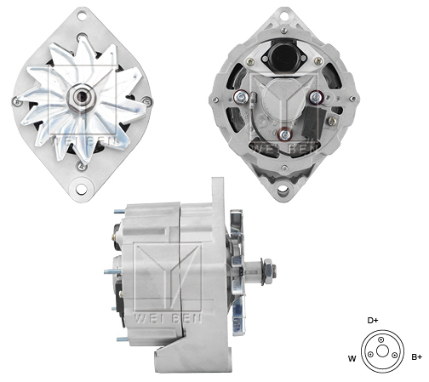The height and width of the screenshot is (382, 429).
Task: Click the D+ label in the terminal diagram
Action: (x=373, y=321)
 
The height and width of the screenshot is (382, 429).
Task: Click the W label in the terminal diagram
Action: (x=352, y=359)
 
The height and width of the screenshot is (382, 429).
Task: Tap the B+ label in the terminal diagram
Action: (x=416, y=357)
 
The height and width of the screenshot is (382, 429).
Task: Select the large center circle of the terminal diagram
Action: (x=382, y=351)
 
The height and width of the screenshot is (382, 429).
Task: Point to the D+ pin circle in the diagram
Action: (x=381, y=339)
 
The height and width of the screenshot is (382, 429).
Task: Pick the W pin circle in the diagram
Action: (x=370, y=354)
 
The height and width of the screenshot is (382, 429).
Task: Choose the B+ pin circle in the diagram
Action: (x=394, y=355)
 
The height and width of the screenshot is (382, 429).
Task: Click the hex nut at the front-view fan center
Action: (x=82, y=97)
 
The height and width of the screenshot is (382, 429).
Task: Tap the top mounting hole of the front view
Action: (x=82, y=16)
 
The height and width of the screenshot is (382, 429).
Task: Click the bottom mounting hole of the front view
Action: (x=82, y=189)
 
